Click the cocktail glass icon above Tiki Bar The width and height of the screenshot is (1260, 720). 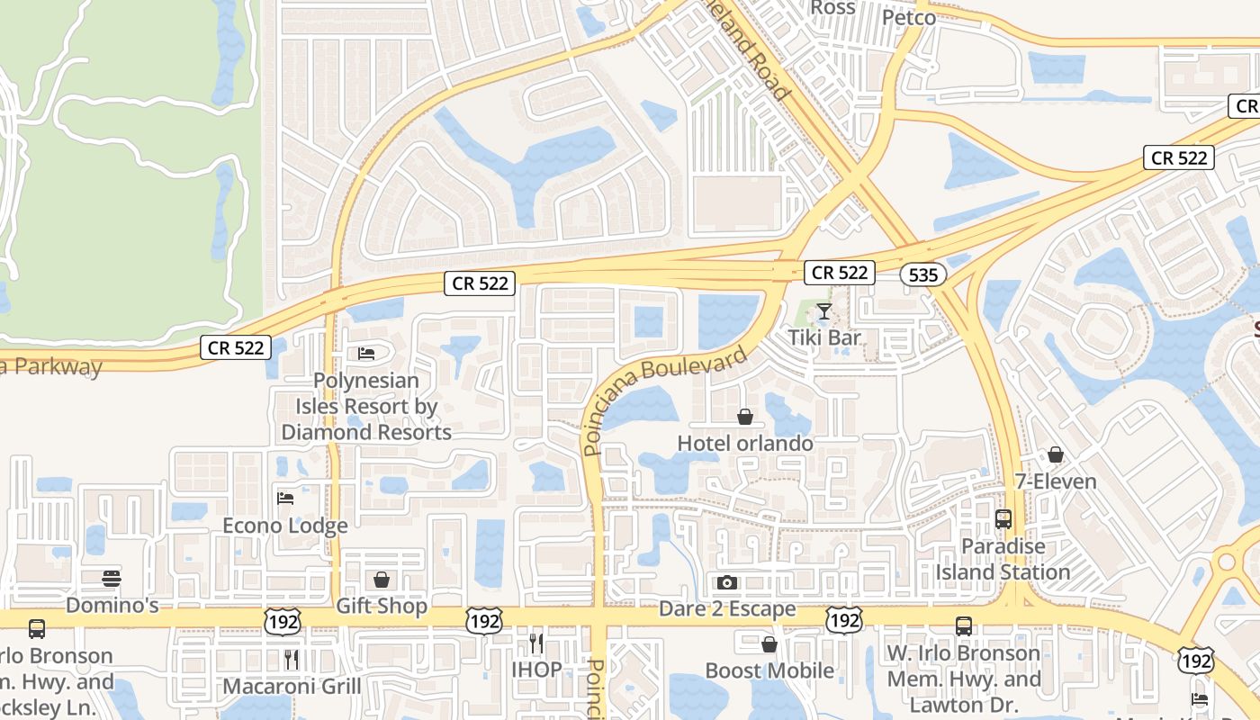point(823,312)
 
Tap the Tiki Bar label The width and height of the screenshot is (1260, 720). point(825,338)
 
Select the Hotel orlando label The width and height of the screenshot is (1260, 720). point(745,443)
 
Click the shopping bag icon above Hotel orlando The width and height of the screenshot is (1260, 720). point(745,417)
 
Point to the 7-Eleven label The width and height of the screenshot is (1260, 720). point(1056,481)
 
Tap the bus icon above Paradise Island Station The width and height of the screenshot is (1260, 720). point(1003,519)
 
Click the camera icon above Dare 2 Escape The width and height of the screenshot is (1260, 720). point(727,583)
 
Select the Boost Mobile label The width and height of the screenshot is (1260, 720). point(769,670)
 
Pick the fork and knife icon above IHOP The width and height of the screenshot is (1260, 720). point(536,643)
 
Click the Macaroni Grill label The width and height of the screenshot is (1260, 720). point(292,686)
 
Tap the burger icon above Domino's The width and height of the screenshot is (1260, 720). point(112,578)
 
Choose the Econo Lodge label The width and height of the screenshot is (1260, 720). point(285,526)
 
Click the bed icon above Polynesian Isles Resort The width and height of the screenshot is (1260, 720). point(366,354)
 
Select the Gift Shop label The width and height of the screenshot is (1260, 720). point(382,606)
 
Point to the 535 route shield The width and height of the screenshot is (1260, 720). point(923,275)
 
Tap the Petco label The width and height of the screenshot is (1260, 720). point(909,17)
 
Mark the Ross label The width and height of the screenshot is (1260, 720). point(832,8)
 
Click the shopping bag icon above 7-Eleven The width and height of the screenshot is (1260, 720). point(1056,455)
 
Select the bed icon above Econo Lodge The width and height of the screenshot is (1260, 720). point(285,499)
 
